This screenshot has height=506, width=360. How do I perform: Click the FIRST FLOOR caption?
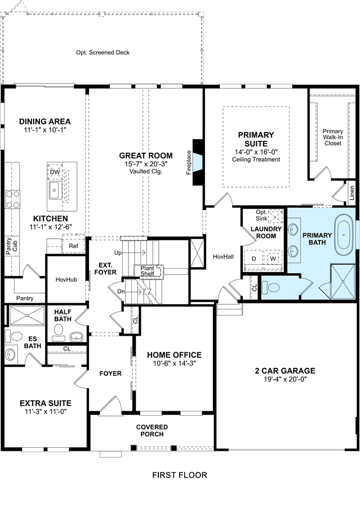[x=180, y=475]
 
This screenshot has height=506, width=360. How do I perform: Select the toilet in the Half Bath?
[x=59, y=332]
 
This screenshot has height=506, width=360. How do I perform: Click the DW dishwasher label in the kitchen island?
[x=55, y=172]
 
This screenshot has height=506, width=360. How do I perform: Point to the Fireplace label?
[x=189, y=163]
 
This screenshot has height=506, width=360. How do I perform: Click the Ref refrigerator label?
[x=74, y=246]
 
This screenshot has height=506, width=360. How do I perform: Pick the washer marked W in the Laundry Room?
[x=273, y=259]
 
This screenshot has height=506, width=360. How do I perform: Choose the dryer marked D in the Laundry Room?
[x=254, y=259]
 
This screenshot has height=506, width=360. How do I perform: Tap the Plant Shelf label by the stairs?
[x=147, y=271]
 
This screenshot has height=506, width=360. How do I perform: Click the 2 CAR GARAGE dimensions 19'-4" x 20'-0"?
[x=285, y=379]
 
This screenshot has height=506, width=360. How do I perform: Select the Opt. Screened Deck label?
[x=103, y=52]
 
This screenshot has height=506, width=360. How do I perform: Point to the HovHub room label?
[x=66, y=279]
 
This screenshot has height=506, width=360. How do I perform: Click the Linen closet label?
[x=352, y=193]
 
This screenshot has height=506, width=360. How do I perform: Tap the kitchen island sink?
[x=55, y=190]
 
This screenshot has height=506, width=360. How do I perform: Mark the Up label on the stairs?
[x=118, y=252]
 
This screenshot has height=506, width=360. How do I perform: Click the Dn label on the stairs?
[x=121, y=291]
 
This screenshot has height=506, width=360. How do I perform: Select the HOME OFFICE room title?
[x=174, y=355]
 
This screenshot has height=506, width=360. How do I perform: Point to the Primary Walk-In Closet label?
[x=333, y=137]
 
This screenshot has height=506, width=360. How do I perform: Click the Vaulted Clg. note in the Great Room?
[x=146, y=171]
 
